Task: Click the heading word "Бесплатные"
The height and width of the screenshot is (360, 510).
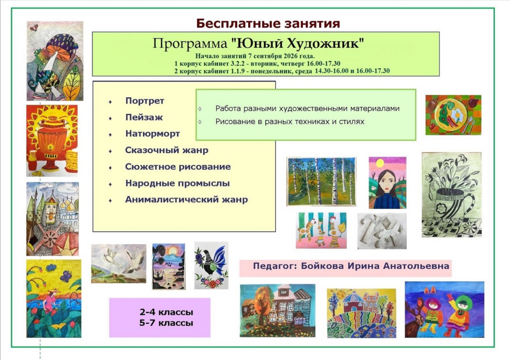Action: (235, 23)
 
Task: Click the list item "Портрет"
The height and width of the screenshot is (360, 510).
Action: (145, 101)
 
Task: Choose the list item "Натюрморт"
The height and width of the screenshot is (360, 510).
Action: (153, 133)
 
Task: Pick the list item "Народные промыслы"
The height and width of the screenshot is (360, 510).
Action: (177, 183)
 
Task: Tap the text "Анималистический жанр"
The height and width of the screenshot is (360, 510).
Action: (186, 200)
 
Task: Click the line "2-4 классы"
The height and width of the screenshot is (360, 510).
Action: (166, 312)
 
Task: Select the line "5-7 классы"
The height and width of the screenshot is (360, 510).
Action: (166, 323)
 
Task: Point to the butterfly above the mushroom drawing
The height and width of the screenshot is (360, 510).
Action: (34, 28)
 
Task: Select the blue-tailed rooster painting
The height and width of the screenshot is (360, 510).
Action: (211, 265)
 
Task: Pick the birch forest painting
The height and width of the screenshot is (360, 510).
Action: (321, 181)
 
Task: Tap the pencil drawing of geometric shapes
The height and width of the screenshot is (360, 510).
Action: (382, 231)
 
